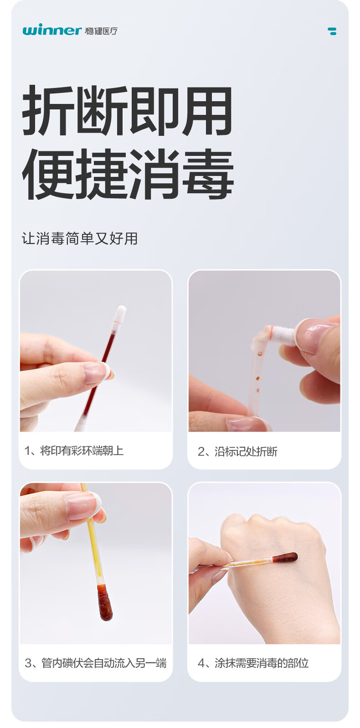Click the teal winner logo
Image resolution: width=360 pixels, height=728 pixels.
pos(51,30)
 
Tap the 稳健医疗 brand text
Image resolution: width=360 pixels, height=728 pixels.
pos(101,31)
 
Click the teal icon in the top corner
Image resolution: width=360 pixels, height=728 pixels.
pos(332,31)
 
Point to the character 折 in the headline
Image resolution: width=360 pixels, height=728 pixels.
pos(49,110)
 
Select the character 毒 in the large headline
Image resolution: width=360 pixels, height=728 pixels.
pos(208,174)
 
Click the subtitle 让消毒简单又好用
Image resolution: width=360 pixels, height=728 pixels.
pos(80,238)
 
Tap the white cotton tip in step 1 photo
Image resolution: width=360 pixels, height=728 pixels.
pos(120,313)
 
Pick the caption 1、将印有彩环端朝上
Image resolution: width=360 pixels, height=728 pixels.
pos(74,451)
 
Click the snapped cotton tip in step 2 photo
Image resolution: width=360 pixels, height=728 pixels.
pos(282,332)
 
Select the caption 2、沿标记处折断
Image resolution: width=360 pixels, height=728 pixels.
pos(237,451)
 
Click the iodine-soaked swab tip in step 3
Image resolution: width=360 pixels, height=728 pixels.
pos(104,602)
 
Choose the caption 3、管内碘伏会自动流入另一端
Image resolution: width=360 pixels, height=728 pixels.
pos(96,663)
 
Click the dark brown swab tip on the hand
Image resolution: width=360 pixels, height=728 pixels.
pos(285,558)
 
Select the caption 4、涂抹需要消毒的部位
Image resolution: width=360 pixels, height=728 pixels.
pos(253,663)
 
